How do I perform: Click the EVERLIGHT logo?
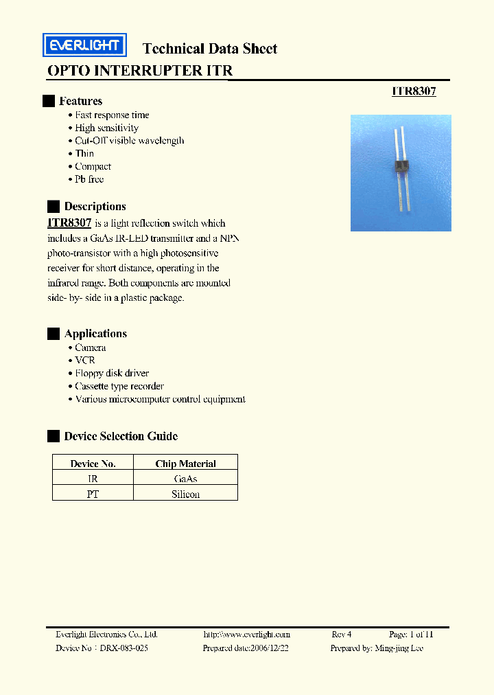[83, 45]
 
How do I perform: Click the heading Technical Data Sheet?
[209, 49]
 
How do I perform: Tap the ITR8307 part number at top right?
[414, 91]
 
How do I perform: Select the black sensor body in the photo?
[401, 166]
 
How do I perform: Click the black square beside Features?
[48, 101]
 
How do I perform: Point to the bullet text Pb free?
[89, 179]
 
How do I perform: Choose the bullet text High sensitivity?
[106, 128]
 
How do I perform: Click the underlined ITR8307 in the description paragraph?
[69, 223]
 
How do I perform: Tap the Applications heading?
[95, 334]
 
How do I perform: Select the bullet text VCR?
[84, 360]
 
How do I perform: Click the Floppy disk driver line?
[112, 373]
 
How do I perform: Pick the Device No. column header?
[93, 464]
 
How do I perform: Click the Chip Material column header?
[185, 464]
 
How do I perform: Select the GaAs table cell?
[185, 479]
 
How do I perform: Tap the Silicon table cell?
[185, 494]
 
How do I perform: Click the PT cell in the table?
[93, 494]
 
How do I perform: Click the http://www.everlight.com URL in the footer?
[247, 635]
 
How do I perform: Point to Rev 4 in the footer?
[341, 635]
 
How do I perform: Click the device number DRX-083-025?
[123, 648]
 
